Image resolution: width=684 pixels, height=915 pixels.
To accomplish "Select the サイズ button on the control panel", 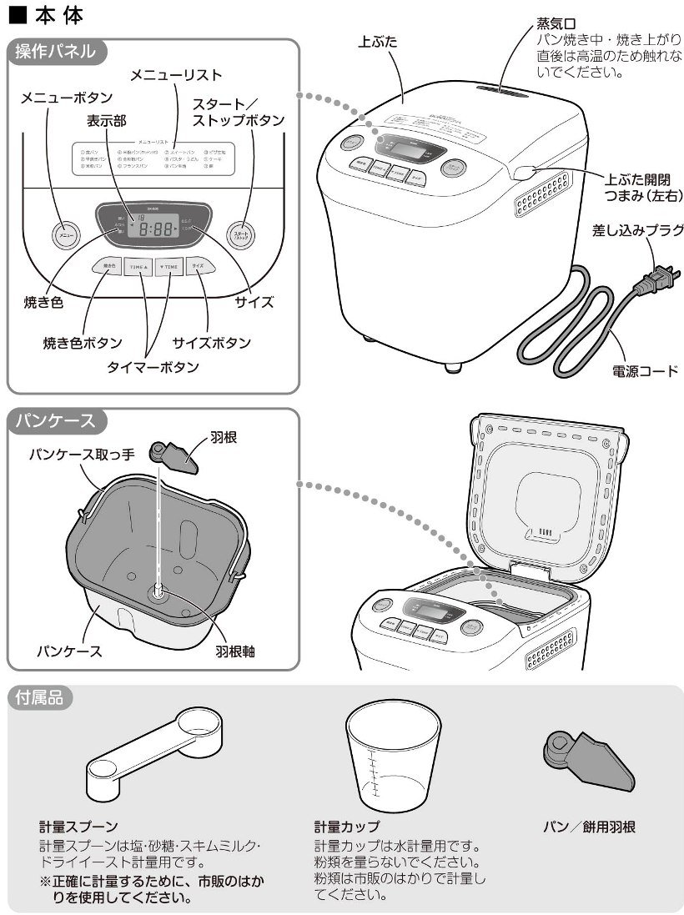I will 197,266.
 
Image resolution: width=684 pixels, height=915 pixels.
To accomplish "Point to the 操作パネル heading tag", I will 55,51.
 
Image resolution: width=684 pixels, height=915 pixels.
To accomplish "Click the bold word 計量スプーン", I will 78,827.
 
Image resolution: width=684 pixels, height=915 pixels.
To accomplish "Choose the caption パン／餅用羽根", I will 589,827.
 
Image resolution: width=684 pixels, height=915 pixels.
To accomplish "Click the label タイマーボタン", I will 153,367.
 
